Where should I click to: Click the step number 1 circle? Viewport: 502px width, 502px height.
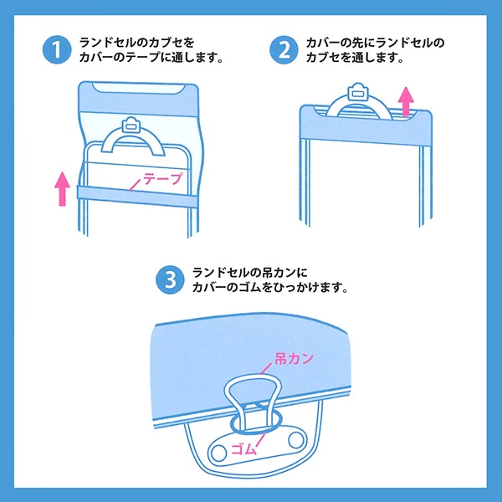coord(55,49)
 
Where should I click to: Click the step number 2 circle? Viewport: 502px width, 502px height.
coord(283,49)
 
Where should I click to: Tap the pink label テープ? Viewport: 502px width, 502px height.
coord(161,178)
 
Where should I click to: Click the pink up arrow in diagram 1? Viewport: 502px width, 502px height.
coord(61,188)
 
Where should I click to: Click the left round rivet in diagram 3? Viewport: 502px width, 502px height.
coord(218,453)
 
